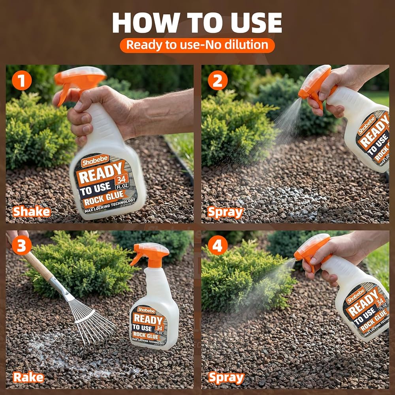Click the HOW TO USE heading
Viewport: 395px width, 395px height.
tap(197, 23)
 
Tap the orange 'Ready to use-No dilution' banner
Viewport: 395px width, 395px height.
tap(197, 45)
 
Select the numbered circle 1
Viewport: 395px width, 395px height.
tap(22, 80)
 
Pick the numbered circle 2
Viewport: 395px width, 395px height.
tap(218, 80)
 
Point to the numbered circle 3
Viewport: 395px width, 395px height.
tap(22, 245)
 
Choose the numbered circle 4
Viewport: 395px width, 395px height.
tap(218, 245)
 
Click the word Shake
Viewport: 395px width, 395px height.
tap(32, 211)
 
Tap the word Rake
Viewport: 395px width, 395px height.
tap(28, 377)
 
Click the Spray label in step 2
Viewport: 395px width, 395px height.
tap(225, 213)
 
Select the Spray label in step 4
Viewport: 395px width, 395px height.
tap(226, 378)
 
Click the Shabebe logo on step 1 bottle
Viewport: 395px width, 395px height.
tap(95, 161)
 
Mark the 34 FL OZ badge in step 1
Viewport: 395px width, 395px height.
tap(122, 182)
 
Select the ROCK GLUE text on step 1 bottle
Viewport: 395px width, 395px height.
tap(104, 197)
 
